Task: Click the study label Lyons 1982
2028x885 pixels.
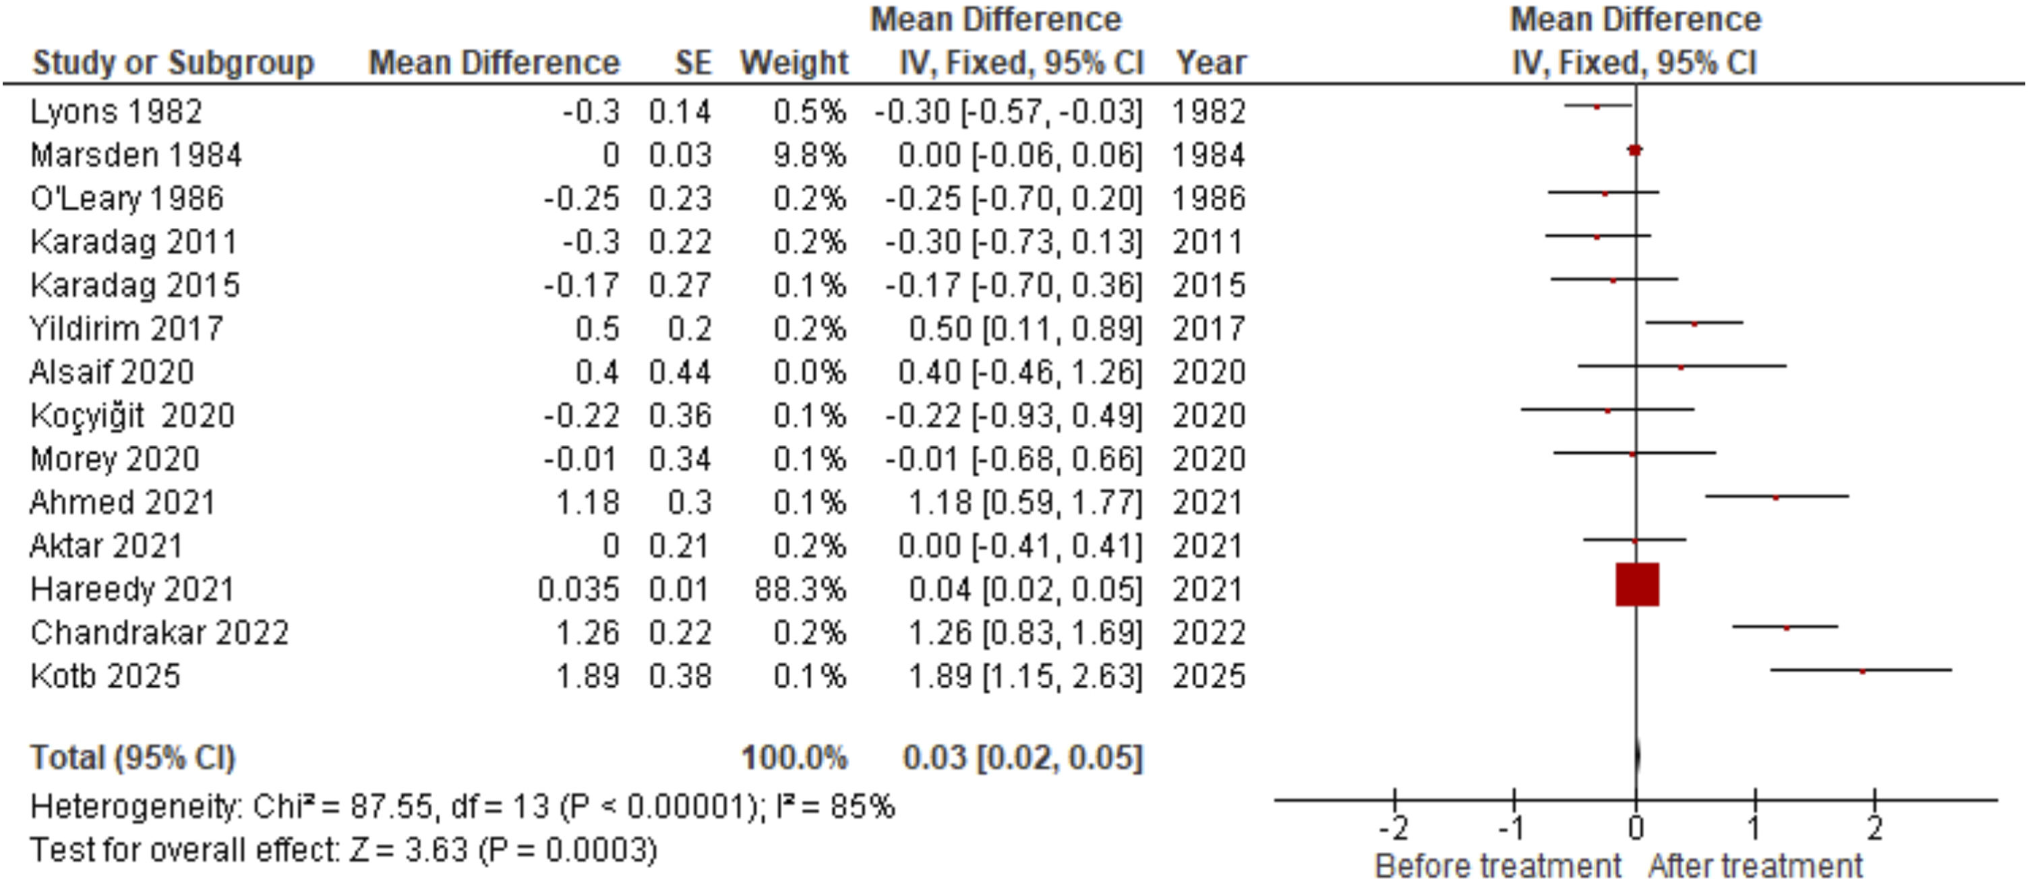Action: (x=116, y=112)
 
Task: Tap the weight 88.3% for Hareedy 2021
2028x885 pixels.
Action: (x=800, y=589)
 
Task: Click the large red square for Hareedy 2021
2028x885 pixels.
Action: (x=1637, y=584)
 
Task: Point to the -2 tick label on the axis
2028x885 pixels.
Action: (x=1393, y=828)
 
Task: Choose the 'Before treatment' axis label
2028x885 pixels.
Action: (x=1497, y=866)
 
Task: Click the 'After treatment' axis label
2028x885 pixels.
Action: (x=1756, y=866)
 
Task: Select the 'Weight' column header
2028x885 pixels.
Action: (x=794, y=63)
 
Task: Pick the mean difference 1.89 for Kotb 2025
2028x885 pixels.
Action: (x=588, y=675)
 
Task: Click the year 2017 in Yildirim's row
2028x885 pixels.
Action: (x=1208, y=328)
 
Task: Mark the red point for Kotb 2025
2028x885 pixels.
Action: (x=1862, y=671)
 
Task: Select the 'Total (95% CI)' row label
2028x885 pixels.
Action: (x=133, y=758)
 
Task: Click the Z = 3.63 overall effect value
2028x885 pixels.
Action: (x=407, y=851)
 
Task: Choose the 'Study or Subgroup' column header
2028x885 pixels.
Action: (x=173, y=63)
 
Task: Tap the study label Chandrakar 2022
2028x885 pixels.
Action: (x=160, y=632)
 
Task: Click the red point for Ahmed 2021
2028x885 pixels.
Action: (x=1775, y=497)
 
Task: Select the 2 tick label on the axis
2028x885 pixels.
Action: (x=1875, y=828)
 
